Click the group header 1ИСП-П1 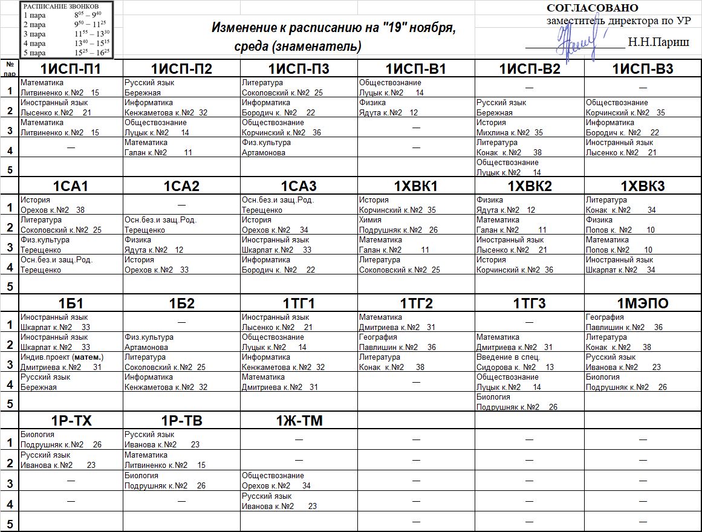(71, 69)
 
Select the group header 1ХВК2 (529, 186)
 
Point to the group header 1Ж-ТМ (299, 421)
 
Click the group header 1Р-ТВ (182, 421)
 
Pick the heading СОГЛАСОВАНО (592, 8)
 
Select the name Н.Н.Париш (658, 42)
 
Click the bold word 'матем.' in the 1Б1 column (88, 357)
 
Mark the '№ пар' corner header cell (10, 68)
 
